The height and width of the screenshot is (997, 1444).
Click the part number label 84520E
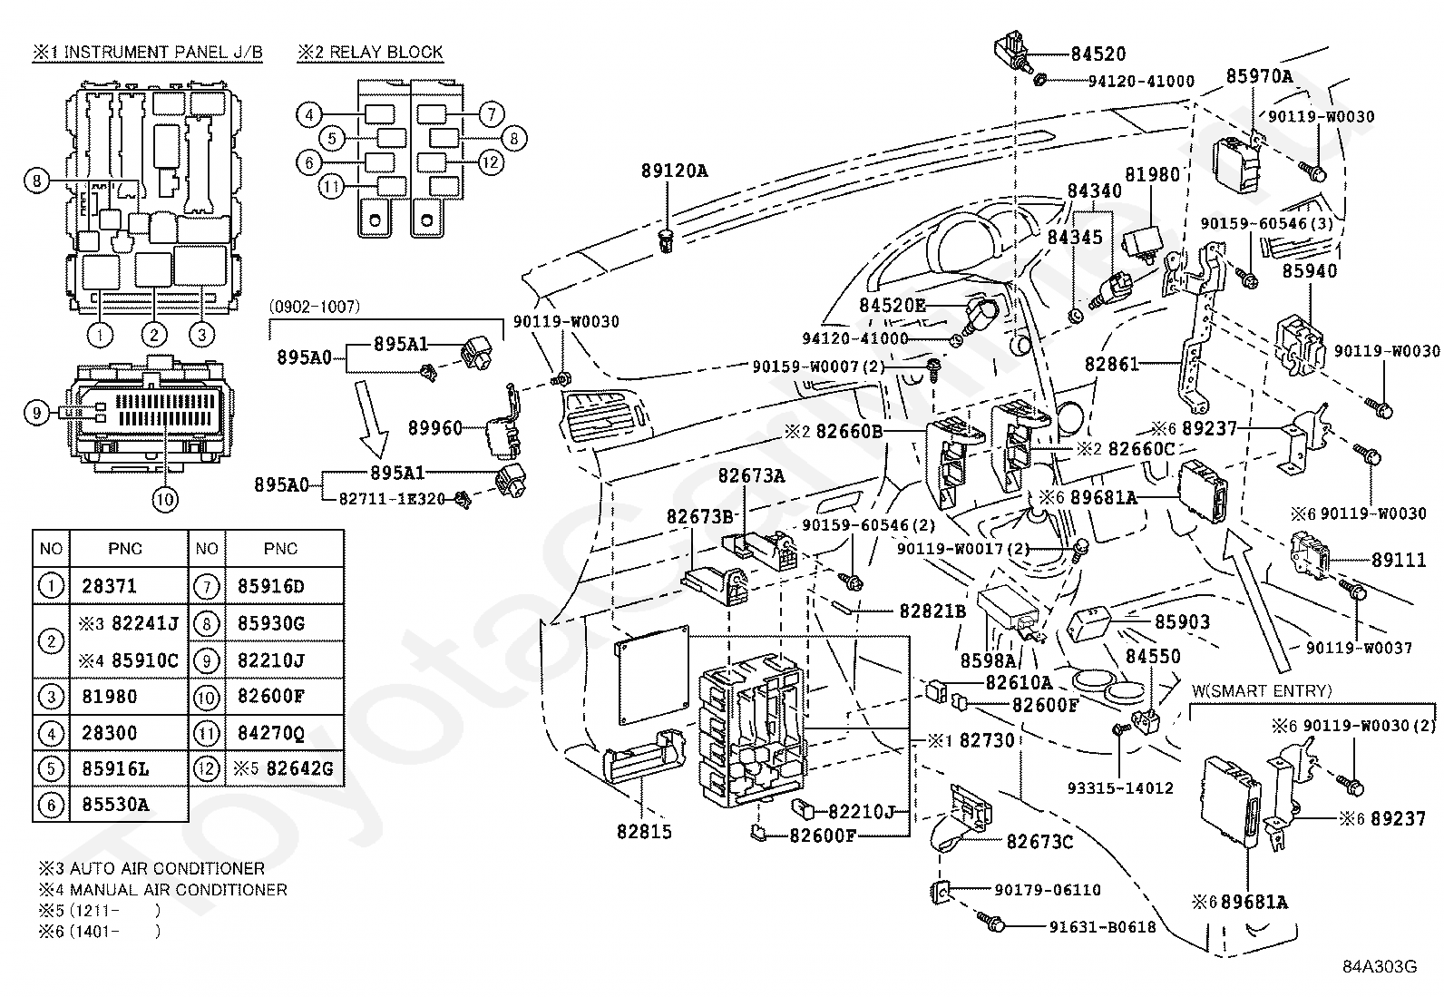pyautogui.click(x=893, y=305)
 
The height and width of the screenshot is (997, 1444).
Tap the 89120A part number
pyautogui.click(x=674, y=171)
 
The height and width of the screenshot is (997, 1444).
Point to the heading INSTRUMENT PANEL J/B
pyautogui.click(x=164, y=53)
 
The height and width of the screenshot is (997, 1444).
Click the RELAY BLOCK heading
pyautogui.click(x=386, y=53)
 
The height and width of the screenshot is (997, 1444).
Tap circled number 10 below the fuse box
pyautogui.click(x=164, y=499)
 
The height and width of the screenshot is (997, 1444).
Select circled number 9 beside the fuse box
pyautogui.click(x=37, y=413)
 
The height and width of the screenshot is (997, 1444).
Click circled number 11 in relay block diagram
pyautogui.click(x=331, y=187)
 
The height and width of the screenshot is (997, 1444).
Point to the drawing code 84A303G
pyautogui.click(x=1380, y=967)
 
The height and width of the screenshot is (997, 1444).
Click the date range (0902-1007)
pyautogui.click(x=315, y=307)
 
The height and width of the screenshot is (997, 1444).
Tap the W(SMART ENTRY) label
pyautogui.click(x=1262, y=691)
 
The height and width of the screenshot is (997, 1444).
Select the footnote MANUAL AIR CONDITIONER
pyautogui.click(x=178, y=890)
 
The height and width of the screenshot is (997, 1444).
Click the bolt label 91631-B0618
pyautogui.click(x=1102, y=927)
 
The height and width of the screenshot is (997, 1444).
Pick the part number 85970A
pyautogui.click(x=1259, y=77)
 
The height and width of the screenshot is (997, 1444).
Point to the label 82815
pyautogui.click(x=644, y=832)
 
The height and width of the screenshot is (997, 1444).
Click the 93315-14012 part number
pyautogui.click(x=1120, y=788)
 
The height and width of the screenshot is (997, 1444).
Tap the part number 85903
pyautogui.click(x=1182, y=621)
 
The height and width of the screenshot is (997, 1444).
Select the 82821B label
pyautogui.click(x=932, y=611)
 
